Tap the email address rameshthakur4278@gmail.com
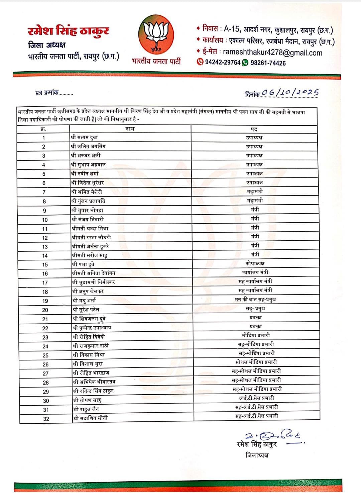[272, 52]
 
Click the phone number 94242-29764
[223, 63]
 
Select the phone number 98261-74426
[268, 63]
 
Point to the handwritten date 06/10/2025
[290, 93]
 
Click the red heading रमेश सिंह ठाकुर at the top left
[69, 31]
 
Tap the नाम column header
[130, 129]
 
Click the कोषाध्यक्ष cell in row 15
[255, 263]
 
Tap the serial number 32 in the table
[46, 419]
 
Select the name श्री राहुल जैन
[86, 409]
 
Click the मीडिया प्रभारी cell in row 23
[256, 335]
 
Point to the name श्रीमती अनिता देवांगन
[94, 273]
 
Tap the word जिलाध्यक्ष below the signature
[257, 455]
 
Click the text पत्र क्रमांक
[47, 93]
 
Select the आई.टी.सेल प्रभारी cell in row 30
[256, 398]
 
